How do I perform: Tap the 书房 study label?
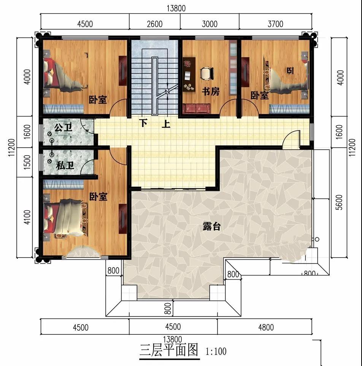(x=210, y=91)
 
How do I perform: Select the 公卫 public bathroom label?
(x=63, y=127)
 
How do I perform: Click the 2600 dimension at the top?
(x=154, y=24)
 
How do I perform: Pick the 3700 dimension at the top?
(x=275, y=24)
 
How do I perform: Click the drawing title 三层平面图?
(x=169, y=350)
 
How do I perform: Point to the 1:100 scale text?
(x=216, y=350)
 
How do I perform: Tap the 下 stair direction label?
(x=143, y=123)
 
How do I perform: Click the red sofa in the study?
(x=196, y=109)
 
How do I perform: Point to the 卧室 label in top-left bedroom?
(x=98, y=100)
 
